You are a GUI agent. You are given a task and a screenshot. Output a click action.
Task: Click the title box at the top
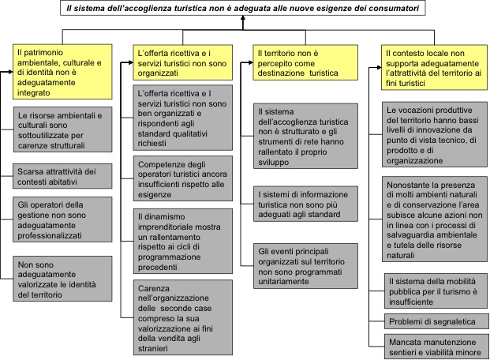pos(243,8)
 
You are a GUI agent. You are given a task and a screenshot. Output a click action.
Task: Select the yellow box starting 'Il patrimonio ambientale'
pos(62,72)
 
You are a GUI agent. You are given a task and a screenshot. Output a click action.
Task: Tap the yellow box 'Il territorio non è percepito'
pos(305,62)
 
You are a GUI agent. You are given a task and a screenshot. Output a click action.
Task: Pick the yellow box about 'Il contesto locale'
pos(434,68)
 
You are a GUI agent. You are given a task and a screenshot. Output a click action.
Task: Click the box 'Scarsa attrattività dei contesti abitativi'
pos(62,176)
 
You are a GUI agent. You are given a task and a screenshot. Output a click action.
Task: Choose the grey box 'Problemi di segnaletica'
pos(436,321)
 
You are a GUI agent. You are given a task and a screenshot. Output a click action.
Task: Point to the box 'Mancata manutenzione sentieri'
pos(436,347)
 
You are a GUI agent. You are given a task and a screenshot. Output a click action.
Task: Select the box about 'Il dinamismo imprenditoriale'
pos(183,241)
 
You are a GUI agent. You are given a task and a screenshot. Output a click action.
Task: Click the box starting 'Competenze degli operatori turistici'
pos(183,178)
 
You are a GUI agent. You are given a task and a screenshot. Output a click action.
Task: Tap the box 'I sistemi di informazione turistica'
pos(305,204)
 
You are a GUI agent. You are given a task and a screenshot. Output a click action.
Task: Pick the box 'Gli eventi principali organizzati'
pos(305,266)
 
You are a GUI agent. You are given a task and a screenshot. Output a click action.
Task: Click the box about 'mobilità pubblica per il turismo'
pos(436,291)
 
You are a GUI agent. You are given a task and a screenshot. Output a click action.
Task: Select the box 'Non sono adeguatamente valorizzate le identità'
pos(62,279)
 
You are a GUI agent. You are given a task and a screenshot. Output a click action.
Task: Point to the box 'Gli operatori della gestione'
pos(62,219)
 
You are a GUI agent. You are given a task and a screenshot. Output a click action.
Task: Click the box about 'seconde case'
pos(183,317)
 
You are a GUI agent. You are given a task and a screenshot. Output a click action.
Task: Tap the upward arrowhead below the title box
pos(243,18)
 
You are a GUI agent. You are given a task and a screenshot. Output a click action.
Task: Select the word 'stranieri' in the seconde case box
pos(153,348)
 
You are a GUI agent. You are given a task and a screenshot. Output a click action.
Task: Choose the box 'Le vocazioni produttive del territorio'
pos(435,134)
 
